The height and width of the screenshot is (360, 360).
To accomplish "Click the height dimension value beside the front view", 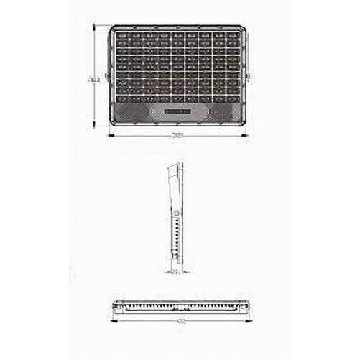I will [93, 78].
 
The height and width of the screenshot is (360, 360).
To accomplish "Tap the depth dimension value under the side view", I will [175, 272].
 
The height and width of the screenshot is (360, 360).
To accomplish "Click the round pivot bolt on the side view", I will [175, 213].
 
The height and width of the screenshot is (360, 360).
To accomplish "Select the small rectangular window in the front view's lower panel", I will [176, 111].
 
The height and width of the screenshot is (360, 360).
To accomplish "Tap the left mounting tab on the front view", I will [107, 75].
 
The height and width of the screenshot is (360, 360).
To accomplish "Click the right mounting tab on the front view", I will [248, 75].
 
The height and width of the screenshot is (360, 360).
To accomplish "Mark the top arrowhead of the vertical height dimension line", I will [96, 26].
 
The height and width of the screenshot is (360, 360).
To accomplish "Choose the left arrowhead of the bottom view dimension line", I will [114, 316].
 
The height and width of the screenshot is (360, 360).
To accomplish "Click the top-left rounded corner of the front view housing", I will [114, 29].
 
